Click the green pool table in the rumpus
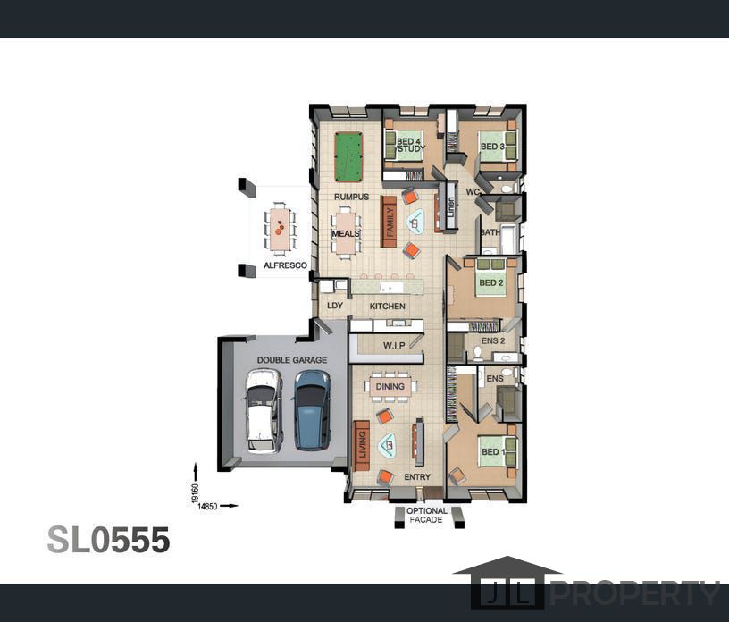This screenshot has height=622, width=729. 348,157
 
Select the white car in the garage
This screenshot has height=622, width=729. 264,411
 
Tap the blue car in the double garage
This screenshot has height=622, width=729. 312,410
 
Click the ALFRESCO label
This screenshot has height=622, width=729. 286,265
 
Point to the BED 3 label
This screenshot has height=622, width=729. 492,147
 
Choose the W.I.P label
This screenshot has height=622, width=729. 394,346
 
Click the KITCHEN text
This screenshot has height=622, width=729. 388,307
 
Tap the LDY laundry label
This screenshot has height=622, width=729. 335,306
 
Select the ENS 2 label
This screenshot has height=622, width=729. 493,341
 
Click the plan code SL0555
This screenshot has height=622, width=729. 108,540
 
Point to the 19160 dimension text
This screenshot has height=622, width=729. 195,493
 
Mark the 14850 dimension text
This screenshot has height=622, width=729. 207,506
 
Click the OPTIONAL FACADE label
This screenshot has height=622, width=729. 427,515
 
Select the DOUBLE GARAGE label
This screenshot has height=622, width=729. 292,360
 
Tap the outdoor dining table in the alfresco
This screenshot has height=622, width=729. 280,229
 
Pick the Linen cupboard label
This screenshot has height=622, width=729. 450,207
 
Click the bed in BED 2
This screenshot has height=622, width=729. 492,278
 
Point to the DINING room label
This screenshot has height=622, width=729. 390,387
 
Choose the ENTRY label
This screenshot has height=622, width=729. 417,477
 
